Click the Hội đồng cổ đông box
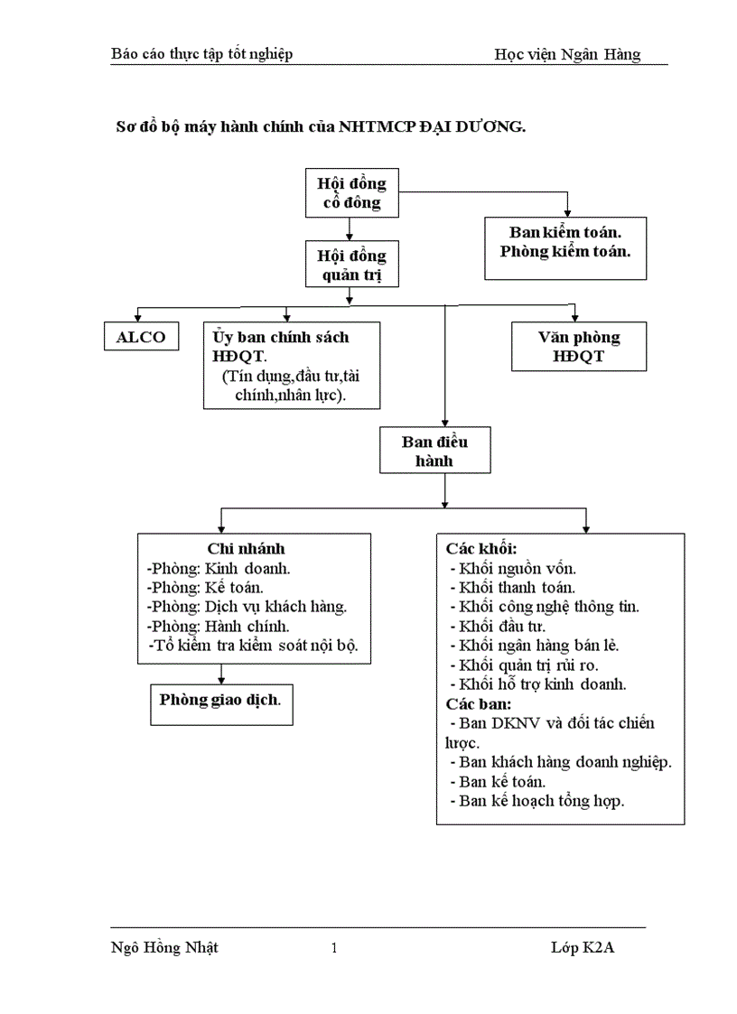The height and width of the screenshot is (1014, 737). pyautogui.click(x=351, y=193)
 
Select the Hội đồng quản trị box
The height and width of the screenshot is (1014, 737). pyautogui.click(x=351, y=264)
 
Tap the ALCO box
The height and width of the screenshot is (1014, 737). pyautogui.click(x=141, y=337)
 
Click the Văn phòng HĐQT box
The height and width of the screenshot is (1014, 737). pyautogui.click(x=579, y=346)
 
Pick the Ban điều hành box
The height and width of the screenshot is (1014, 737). pyautogui.click(x=434, y=451)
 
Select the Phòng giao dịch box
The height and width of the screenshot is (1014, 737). pyautogui.click(x=220, y=701)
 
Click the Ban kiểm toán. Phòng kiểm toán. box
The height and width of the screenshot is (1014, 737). pyautogui.click(x=565, y=241)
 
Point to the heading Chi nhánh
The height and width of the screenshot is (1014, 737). pyautogui.click(x=246, y=549)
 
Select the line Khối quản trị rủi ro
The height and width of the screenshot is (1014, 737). pyautogui.click(x=536, y=665)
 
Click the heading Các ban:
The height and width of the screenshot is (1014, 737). pyautogui.click(x=479, y=703)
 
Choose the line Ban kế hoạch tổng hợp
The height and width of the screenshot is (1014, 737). pyautogui.click(x=541, y=801)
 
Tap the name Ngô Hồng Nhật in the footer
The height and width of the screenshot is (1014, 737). pyautogui.click(x=163, y=948)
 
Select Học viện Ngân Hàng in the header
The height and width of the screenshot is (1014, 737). pyautogui.click(x=567, y=54)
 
